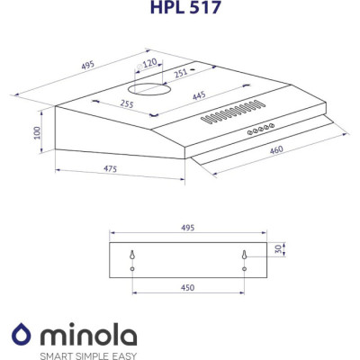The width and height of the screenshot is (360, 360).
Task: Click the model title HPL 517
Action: (x=185, y=6)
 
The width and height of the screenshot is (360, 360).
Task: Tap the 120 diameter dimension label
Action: (x=147, y=64)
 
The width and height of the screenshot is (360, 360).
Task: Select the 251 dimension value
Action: (x=181, y=73)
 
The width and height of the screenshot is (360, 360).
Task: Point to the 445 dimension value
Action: (x=199, y=96)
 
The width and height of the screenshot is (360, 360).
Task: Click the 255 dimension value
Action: (x=127, y=103)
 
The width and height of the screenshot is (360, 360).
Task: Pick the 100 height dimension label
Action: (x=37, y=132)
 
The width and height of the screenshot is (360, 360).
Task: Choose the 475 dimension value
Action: (x=110, y=169)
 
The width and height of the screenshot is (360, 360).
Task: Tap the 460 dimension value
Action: (x=276, y=149)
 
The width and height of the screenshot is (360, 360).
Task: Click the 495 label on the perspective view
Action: (x=88, y=65)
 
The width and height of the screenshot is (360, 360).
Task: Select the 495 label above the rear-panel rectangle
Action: (x=188, y=228)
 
